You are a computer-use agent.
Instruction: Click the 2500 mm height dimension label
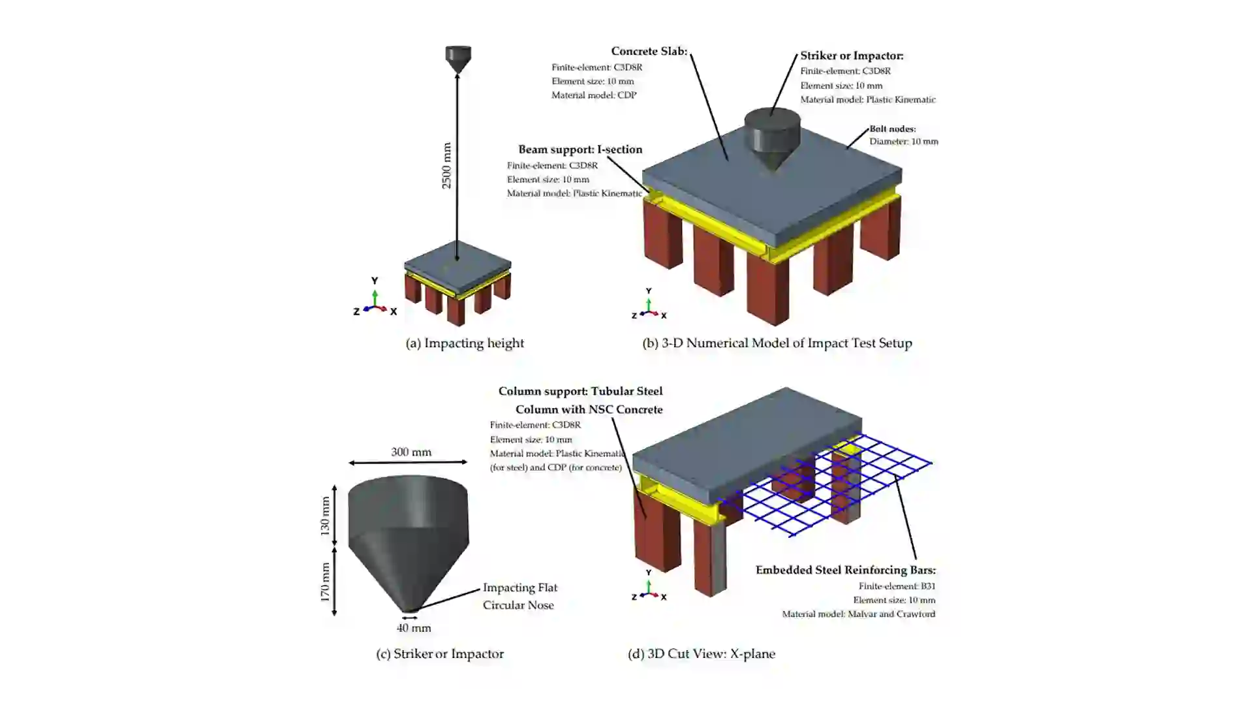click(x=446, y=166)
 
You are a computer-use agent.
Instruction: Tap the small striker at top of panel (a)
click(x=457, y=57)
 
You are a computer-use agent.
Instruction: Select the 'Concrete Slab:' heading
click(x=649, y=51)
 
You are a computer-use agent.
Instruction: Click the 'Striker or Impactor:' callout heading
click(x=852, y=56)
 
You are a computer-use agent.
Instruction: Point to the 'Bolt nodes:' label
click(x=892, y=129)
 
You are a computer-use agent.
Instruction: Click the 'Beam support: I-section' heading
click(x=580, y=149)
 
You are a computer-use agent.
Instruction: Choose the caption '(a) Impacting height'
click(x=465, y=343)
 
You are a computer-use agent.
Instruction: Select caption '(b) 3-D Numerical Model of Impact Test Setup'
click(x=777, y=343)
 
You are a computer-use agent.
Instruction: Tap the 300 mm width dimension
click(x=411, y=452)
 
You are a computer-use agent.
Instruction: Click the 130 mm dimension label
click(x=325, y=516)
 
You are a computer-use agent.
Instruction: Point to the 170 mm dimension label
click(x=325, y=582)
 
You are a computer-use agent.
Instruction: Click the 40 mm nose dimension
click(x=414, y=628)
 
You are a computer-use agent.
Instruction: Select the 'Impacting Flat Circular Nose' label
click(x=519, y=596)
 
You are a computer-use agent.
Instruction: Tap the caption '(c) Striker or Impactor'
click(x=440, y=653)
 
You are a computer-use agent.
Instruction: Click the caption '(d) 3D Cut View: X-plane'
click(x=702, y=653)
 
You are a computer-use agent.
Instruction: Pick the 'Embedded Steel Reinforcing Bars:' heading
click(x=845, y=570)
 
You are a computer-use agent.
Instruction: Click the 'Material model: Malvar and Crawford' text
click(x=858, y=614)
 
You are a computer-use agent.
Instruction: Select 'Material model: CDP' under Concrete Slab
click(x=593, y=95)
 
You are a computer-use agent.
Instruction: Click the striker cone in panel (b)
click(x=773, y=139)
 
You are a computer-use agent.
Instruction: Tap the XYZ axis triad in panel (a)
click(x=375, y=302)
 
